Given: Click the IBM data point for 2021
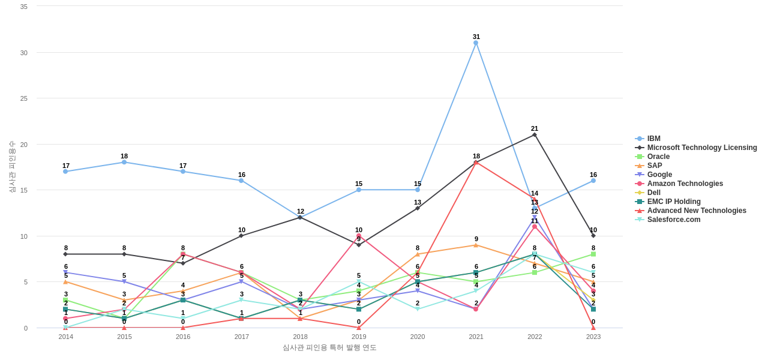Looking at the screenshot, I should pyautogui.click(x=476, y=43).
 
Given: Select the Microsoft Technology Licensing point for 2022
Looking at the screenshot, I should pyautogui.click(x=535, y=134).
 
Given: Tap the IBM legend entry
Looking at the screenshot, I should pyautogui.click(x=653, y=139).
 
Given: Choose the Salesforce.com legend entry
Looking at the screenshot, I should pyautogui.click(x=673, y=220).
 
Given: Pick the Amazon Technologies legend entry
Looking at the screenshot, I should pyautogui.click(x=685, y=184).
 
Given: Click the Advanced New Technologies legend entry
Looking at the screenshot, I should pyautogui.click(x=696, y=211).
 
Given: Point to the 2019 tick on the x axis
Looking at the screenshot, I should pyautogui.click(x=359, y=337).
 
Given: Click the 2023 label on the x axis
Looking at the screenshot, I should pyautogui.click(x=593, y=337).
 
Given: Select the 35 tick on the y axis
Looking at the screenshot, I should pyautogui.click(x=24, y=7).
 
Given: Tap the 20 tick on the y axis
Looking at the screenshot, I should pyautogui.click(x=24, y=145).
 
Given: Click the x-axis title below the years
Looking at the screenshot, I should pyautogui.click(x=329, y=347).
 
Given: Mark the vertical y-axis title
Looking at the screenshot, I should pyautogui.click(x=12, y=167).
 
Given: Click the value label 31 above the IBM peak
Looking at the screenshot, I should pyautogui.click(x=476, y=37).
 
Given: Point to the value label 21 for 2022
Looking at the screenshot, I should pyautogui.click(x=535, y=128).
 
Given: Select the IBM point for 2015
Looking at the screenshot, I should pyautogui.click(x=124, y=162).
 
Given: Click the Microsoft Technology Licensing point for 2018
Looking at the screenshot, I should pyautogui.click(x=300, y=217).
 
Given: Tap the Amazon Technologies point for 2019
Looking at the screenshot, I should pyautogui.click(x=359, y=236).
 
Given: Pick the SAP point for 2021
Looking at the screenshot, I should pyautogui.click(x=476, y=245).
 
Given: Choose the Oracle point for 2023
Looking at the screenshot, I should pyautogui.click(x=593, y=254).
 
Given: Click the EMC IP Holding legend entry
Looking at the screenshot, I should pyautogui.click(x=673, y=202).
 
